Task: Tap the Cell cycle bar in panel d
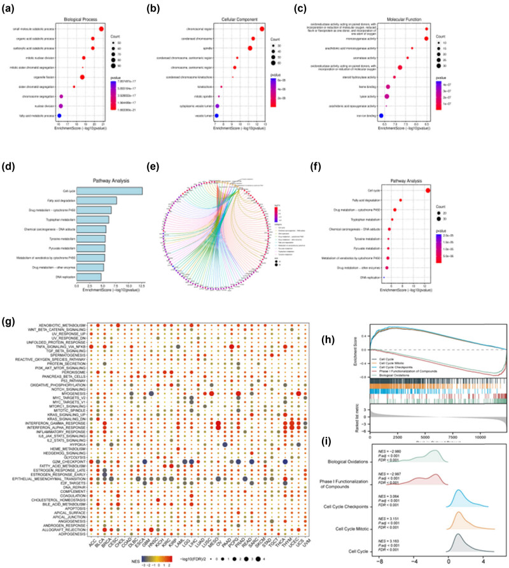(109, 190)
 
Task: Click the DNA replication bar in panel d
(88, 276)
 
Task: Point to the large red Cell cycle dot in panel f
(428, 190)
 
